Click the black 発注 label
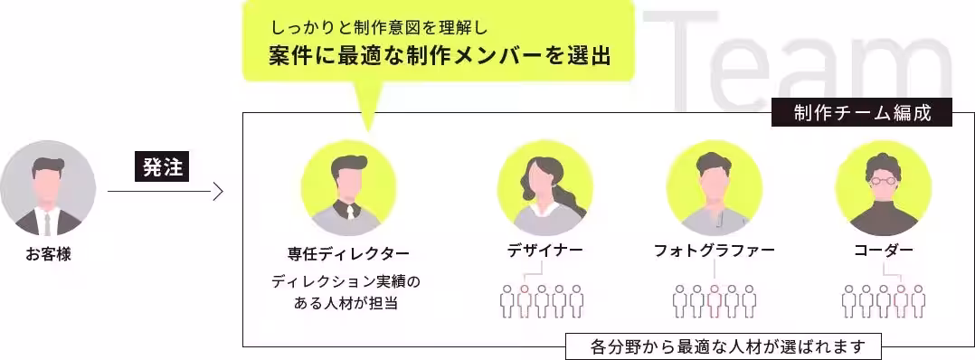(163, 167)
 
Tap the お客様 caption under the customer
(48, 256)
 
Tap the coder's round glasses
(883, 180)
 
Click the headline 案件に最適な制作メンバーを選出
(440, 56)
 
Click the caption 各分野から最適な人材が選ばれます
(723, 346)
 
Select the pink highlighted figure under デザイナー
(525, 300)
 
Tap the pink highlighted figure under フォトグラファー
(715, 300)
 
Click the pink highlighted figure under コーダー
(901, 300)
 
